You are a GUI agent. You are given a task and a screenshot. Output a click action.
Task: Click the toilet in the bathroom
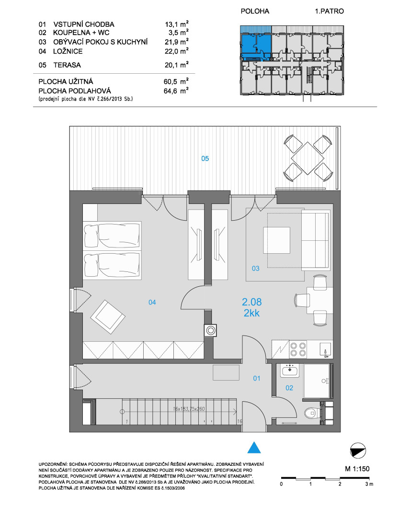[x=312, y=413]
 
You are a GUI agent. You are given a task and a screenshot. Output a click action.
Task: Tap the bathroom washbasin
[x=290, y=371]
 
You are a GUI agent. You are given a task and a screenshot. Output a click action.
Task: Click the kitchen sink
[x=325, y=350]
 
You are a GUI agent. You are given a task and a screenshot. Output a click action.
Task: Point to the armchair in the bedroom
[x=108, y=316]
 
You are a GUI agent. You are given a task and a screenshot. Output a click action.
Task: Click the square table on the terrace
[x=307, y=158]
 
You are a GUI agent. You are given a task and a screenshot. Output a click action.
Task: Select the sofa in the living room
[x=316, y=240]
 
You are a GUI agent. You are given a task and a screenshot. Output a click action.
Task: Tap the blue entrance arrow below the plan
[x=254, y=448]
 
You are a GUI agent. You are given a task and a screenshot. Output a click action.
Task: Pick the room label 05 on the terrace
[x=205, y=158]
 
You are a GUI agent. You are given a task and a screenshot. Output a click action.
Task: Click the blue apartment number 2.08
[x=251, y=302]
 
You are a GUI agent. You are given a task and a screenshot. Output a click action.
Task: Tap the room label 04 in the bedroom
[x=152, y=302]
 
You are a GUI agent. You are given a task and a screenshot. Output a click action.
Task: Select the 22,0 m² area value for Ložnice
[x=176, y=51]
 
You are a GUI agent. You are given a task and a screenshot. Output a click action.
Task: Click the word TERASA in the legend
[x=67, y=65]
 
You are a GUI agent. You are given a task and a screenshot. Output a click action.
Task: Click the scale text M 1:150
[x=357, y=469]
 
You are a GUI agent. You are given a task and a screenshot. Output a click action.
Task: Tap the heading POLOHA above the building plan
[x=255, y=11]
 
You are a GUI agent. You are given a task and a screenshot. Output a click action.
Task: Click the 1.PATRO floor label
[x=329, y=11]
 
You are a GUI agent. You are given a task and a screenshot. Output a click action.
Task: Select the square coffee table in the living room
[x=276, y=240]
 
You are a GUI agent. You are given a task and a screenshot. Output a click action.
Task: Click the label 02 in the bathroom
[x=289, y=388]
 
